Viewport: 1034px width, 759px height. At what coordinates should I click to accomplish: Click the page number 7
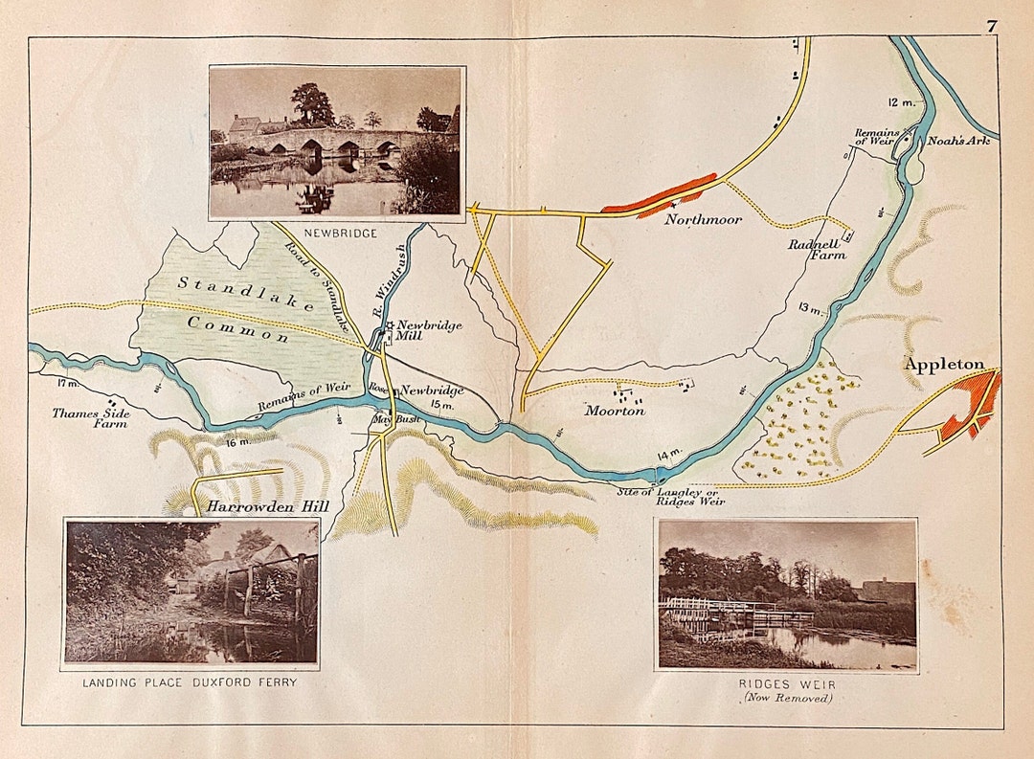993,26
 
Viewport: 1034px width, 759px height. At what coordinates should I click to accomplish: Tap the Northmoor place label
704,220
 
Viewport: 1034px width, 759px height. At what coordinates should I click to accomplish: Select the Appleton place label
943,365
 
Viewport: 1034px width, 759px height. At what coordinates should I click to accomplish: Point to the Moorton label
616,411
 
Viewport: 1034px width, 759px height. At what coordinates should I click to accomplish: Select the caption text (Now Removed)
786,698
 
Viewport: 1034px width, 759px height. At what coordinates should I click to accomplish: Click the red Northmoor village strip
660,194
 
